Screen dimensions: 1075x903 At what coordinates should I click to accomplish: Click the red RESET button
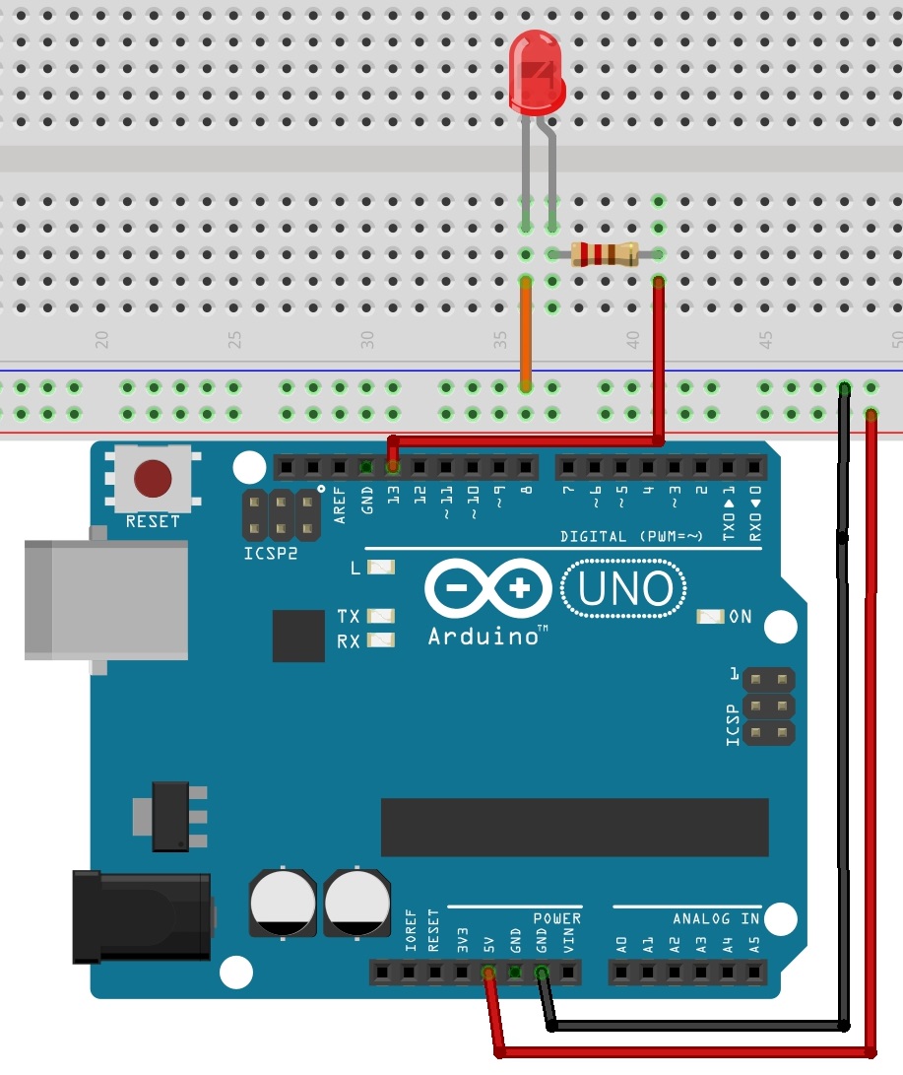(153, 479)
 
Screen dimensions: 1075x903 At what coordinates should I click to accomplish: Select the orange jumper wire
(527, 330)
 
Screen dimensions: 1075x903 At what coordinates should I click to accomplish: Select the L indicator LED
(380, 568)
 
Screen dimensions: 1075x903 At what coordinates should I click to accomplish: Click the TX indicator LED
(380, 616)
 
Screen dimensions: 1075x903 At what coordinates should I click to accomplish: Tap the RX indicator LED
(380, 640)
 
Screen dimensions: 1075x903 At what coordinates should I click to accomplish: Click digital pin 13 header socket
(393, 465)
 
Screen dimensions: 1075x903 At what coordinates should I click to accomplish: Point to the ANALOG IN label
(716, 918)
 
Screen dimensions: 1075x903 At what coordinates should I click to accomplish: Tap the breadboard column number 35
(501, 340)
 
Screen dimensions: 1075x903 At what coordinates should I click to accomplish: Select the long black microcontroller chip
(574, 828)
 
